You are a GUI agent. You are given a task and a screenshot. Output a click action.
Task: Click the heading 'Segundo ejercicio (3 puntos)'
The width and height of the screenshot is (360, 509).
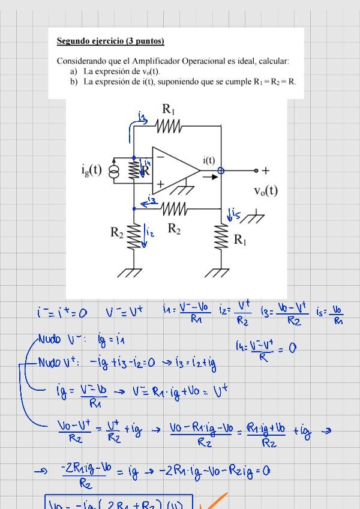(x=110, y=41)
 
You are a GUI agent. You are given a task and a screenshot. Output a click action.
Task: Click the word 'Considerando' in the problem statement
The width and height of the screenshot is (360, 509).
(x=82, y=61)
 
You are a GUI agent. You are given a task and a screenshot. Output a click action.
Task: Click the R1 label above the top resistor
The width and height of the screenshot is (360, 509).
(x=169, y=109)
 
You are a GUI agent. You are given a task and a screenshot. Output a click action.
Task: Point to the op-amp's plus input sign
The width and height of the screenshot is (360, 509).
(x=160, y=184)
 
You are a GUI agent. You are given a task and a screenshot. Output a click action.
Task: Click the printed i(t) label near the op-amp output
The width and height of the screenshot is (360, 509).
(x=209, y=160)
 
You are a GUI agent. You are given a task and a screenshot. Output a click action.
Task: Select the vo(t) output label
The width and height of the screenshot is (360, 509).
(x=265, y=191)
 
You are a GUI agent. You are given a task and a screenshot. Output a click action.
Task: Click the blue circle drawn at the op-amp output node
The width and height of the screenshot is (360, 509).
(x=221, y=170)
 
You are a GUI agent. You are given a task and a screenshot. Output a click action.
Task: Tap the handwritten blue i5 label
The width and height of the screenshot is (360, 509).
(x=233, y=214)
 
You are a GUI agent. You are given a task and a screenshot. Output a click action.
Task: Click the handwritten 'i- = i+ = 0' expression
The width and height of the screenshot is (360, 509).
(x=61, y=312)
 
